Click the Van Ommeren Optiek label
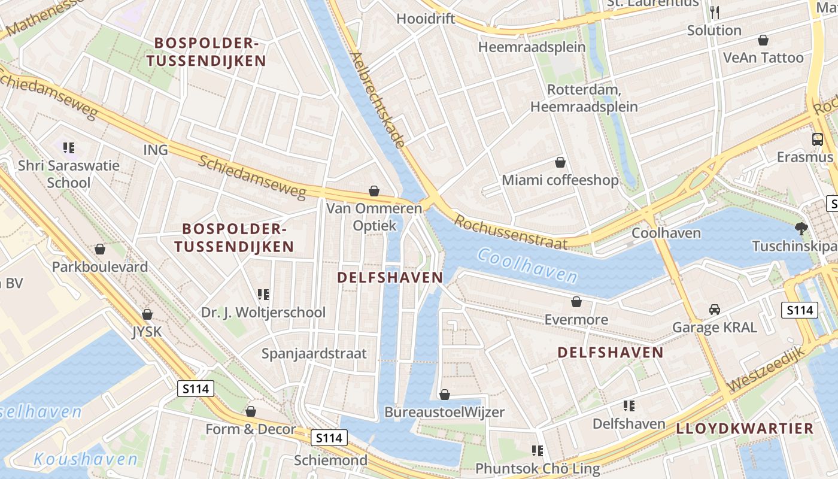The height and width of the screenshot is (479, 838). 374,217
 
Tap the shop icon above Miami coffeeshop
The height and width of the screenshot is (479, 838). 560,162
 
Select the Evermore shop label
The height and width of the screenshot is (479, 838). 576,320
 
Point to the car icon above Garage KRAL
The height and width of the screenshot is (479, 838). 714,310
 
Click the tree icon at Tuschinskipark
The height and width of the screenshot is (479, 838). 801,228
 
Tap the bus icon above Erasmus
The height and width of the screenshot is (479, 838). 817,140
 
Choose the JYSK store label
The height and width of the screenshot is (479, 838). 147,331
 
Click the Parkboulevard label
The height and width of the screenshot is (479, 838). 100,266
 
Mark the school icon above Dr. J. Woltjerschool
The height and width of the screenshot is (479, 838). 263,294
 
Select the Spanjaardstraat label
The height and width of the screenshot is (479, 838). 314,353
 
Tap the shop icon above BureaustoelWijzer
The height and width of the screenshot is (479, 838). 444,395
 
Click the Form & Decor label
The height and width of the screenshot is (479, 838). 250,429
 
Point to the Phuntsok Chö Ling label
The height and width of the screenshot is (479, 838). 538,468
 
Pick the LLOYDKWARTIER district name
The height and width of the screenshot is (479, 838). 745,428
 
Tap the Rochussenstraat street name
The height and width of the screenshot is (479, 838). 511,232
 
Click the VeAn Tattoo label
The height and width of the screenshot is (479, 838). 763,57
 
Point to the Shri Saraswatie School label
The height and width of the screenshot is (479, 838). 69,174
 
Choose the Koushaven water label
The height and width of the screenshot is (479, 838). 86,459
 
